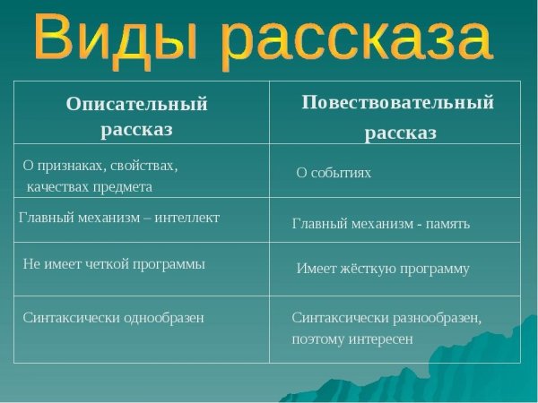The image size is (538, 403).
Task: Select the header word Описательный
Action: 136,104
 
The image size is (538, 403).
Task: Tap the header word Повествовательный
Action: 397,102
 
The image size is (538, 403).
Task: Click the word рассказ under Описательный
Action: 136,129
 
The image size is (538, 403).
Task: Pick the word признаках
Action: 72,166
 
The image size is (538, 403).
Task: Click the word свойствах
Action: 145,166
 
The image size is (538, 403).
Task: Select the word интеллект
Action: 187,218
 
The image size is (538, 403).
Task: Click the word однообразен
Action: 159,317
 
